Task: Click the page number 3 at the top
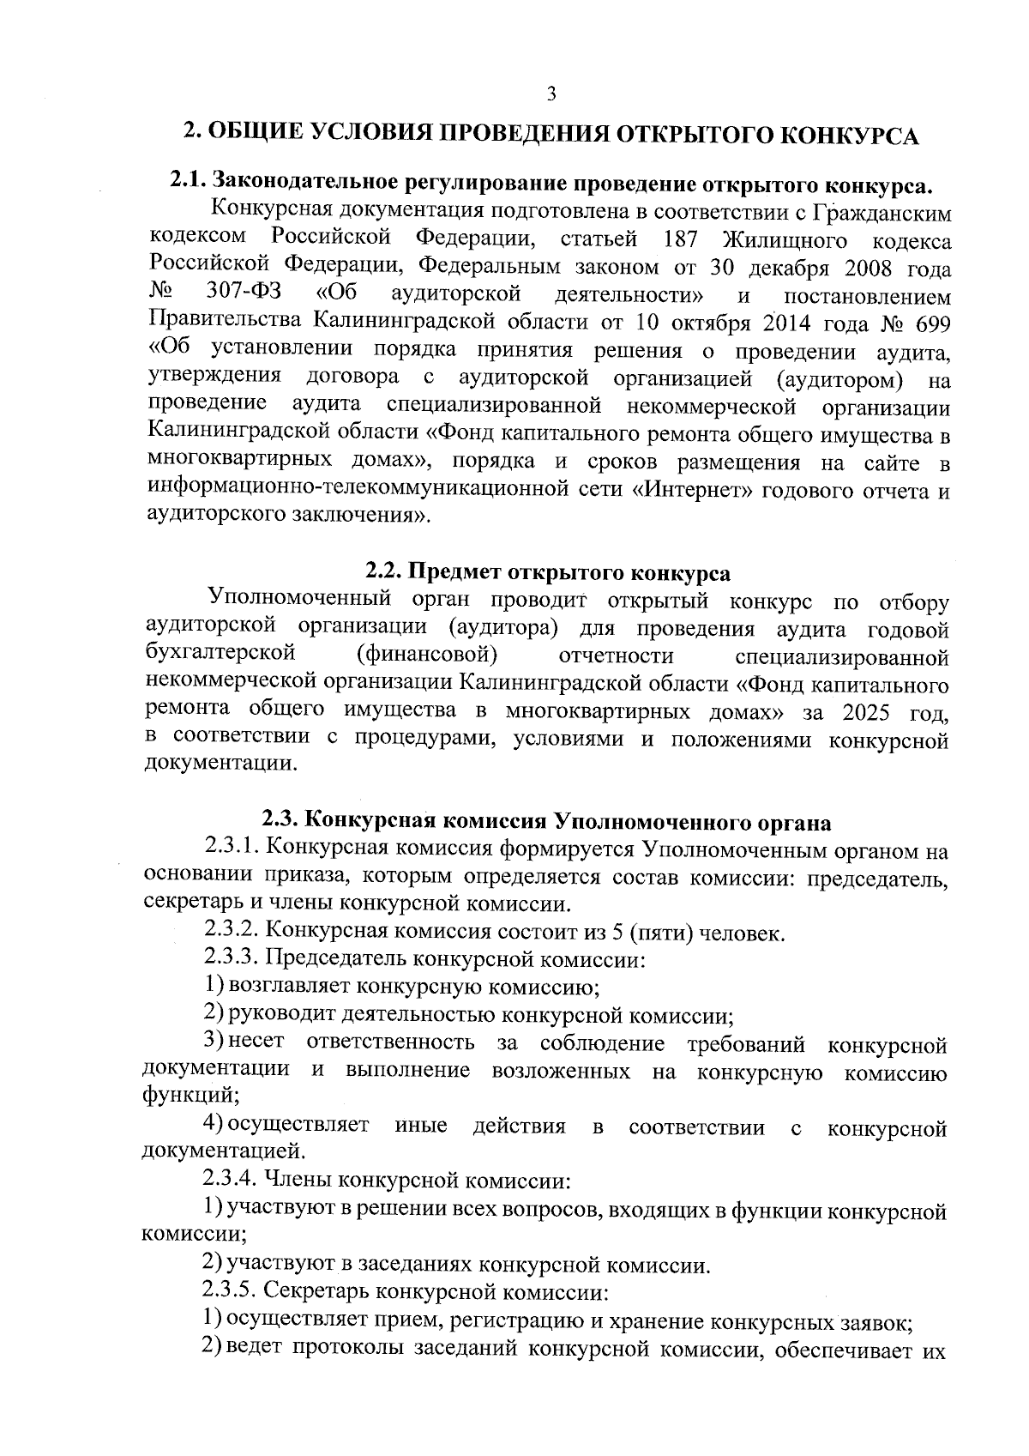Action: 551,94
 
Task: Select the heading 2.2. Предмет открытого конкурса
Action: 548,572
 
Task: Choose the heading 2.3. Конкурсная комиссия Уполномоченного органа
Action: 546,822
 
